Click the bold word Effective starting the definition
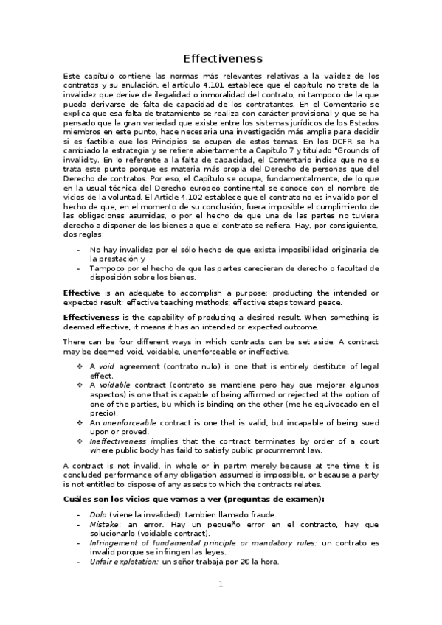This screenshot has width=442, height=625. pos(81,293)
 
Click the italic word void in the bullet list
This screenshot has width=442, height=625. pos(106,366)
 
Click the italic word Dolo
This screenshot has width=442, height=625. pos(97,514)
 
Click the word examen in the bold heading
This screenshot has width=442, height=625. pos(300,500)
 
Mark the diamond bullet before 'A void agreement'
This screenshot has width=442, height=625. pos(80,366)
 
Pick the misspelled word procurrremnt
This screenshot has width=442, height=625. pos(276,450)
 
